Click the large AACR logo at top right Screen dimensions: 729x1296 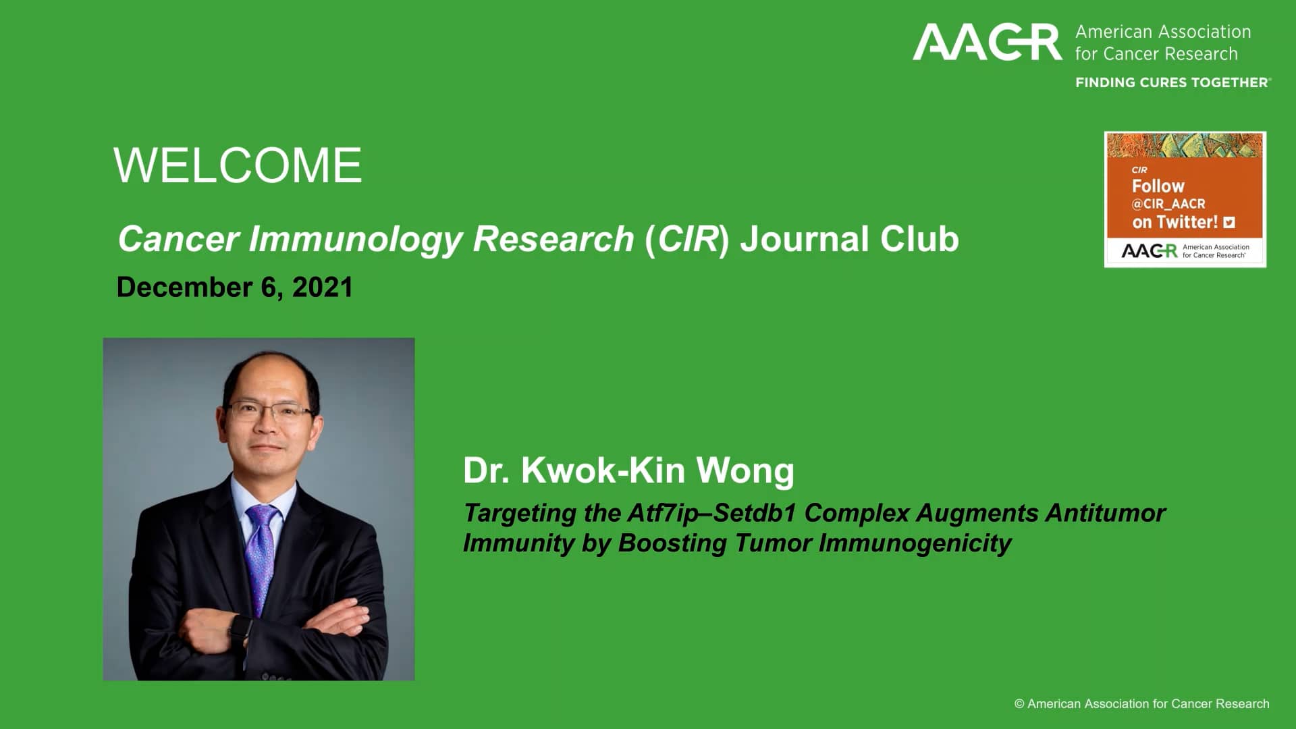point(987,42)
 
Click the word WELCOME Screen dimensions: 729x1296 point(238,165)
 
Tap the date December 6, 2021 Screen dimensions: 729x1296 point(235,288)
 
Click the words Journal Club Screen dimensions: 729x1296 point(849,239)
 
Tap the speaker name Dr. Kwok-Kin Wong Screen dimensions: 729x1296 point(628,470)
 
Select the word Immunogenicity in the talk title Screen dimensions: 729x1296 point(915,543)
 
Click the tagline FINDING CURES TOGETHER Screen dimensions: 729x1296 point(1172,82)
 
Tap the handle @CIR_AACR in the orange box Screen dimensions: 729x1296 point(1168,204)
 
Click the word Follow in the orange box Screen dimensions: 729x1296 point(1158,186)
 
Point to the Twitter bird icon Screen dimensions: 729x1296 point(1229,222)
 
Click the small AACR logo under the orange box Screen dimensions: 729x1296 point(1149,251)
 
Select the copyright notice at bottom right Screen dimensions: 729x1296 point(1141,704)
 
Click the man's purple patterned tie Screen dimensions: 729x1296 point(262,553)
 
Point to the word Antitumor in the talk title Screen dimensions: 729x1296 point(1105,513)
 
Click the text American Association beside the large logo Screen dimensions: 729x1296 point(1162,32)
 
